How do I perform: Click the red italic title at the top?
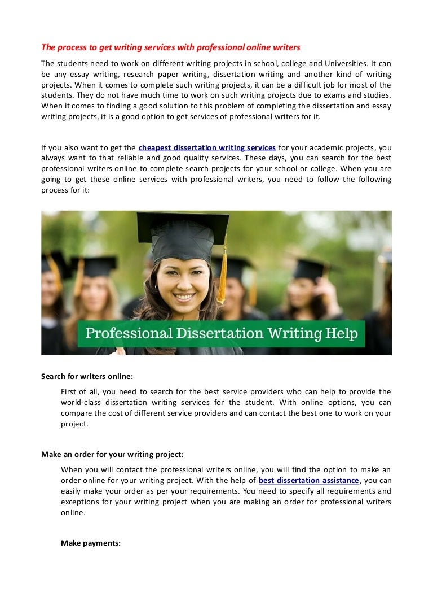click(x=170, y=47)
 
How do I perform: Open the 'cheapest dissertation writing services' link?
click(x=207, y=148)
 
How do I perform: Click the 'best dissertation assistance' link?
click(x=309, y=481)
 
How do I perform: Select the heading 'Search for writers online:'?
click(x=87, y=376)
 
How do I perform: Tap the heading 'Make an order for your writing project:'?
click(x=112, y=454)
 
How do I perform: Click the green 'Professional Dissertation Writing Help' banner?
click(x=221, y=333)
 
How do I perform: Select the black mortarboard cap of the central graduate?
click(x=180, y=232)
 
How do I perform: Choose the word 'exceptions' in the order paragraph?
click(x=80, y=502)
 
